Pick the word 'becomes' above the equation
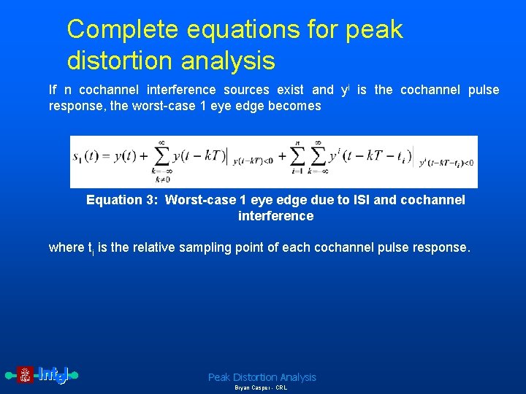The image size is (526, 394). (x=296, y=106)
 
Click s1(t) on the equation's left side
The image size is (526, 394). (x=87, y=156)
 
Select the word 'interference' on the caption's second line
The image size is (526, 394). (x=275, y=216)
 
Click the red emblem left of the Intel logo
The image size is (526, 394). (x=26, y=375)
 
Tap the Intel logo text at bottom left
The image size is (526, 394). (x=53, y=375)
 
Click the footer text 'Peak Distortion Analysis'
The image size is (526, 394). (x=262, y=377)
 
